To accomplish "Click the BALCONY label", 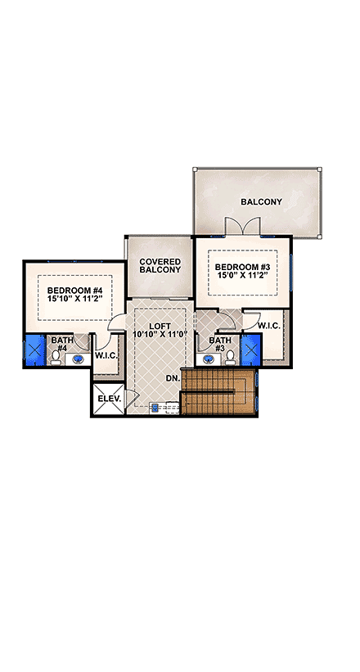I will click(261, 201).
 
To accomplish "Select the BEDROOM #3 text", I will click(241, 267).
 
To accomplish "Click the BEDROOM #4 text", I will click(74, 291).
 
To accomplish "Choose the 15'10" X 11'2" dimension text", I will click(74, 300).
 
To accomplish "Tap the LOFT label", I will click(160, 324).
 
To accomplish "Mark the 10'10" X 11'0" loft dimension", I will click(160, 334).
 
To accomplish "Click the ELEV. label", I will click(109, 399).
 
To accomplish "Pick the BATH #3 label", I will click(219, 344).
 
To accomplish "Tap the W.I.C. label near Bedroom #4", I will click(106, 355).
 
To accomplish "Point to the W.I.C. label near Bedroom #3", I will click(269, 325).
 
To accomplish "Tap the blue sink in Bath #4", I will click(79, 358).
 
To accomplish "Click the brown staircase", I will click(218, 392).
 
